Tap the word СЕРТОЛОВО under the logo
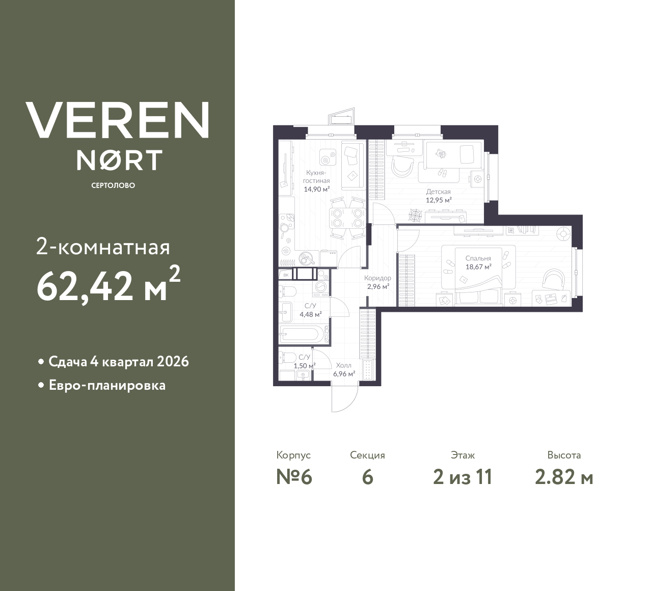[x=113, y=185]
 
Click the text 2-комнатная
[x=103, y=248]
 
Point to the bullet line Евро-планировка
[x=107, y=385]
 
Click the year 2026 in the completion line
[x=173, y=362]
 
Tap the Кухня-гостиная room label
[x=316, y=177]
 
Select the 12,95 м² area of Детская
[x=439, y=200]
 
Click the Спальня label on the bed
[x=478, y=258]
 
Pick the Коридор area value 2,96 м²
[x=378, y=286]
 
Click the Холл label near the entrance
[x=343, y=365]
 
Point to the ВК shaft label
[x=286, y=275]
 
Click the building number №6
[x=293, y=477]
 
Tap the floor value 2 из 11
[x=463, y=477]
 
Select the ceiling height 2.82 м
[x=564, y=477]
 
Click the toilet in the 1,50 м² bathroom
[x=287, y=357]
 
